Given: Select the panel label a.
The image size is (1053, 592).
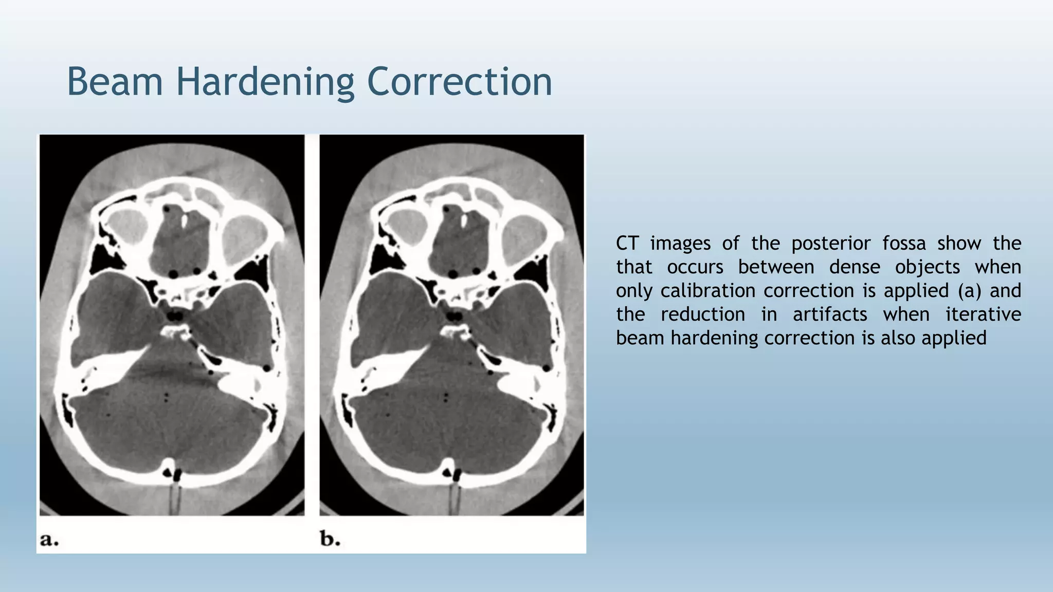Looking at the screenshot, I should [x=49, y=540].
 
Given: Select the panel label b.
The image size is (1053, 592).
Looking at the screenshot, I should [x=330, y=539].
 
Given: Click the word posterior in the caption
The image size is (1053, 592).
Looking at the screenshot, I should [x=830, y=244].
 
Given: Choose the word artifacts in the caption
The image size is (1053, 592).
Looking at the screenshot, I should [x=829, y=314].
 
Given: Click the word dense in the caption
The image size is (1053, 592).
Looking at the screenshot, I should [x=854, y=267].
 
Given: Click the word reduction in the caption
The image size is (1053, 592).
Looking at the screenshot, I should [x=702, y=314].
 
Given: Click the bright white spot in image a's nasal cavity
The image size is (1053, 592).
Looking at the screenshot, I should [x=184, y=220].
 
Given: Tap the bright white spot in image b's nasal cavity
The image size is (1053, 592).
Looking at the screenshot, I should [x=464, y=220].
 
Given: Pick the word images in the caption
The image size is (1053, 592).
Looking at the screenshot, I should [x=680, y=244].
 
